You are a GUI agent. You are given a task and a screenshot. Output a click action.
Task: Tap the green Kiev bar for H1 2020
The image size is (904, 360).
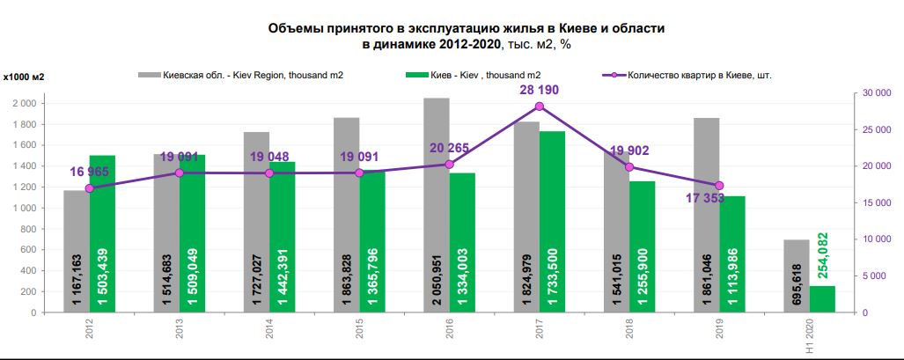pos(822,299)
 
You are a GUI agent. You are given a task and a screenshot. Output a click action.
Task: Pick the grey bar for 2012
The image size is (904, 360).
pos(77,251)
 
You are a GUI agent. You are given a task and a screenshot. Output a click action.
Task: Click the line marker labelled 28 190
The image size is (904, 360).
pos(540,107)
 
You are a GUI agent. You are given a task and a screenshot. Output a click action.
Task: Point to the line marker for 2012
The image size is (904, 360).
pos(89,188)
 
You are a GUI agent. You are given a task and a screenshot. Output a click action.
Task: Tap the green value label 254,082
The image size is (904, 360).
pos(822,254)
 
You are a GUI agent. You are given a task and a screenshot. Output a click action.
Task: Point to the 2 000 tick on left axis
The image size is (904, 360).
pos(24,104)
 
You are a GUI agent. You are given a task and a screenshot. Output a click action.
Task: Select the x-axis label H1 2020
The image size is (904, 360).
pos(809,337)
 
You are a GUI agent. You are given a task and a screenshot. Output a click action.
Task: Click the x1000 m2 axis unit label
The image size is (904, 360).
pos(24,77)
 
